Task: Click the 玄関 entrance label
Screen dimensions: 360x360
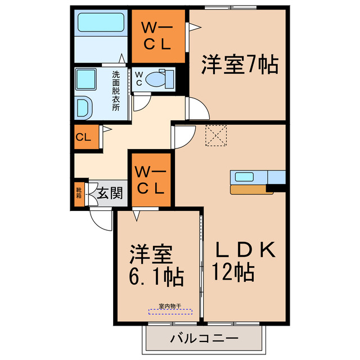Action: (110, 194)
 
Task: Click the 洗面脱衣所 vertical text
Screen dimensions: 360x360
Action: (115, 90)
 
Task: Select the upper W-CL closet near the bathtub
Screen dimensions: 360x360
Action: (158, 36)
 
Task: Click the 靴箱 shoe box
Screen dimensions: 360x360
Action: (79, 193)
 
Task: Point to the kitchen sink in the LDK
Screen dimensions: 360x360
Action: (245, 177)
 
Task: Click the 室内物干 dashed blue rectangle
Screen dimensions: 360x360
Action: (170, 311)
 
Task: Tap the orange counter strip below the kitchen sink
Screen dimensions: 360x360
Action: (251, 190)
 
